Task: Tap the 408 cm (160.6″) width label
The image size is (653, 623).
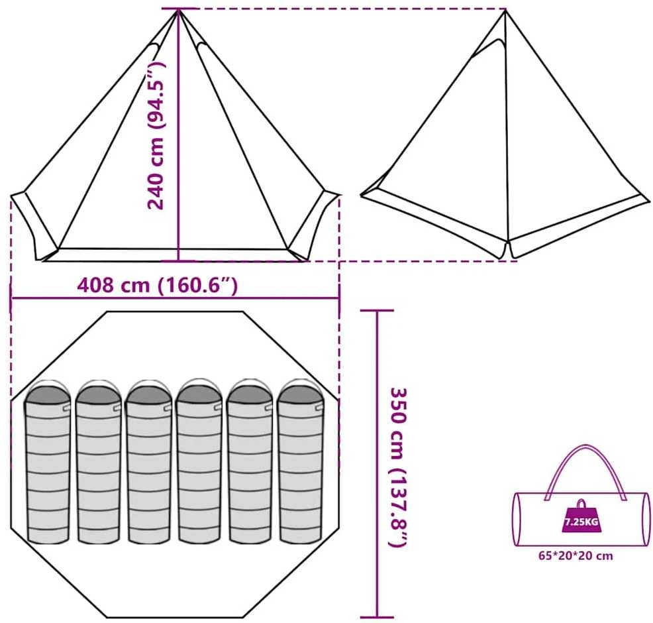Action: pos(158,286)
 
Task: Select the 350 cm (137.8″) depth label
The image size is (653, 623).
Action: pos(398,467)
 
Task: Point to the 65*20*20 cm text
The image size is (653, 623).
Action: pos(576,555)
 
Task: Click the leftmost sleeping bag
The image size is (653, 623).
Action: pos(48,463)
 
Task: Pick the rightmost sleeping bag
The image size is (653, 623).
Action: pos(301,462)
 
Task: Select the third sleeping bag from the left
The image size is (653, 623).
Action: pos(148,462)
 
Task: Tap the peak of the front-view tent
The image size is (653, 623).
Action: pos(179,10)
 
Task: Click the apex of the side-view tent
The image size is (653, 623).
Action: pos(505,10)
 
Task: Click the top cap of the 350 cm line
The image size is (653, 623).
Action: pos(377,310)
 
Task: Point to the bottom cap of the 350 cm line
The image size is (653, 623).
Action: pos(377,617)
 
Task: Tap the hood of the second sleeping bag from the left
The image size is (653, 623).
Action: pos(98,393)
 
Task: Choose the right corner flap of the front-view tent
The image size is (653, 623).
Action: pos(316,226)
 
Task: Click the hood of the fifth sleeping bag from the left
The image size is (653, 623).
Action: pos(250,392)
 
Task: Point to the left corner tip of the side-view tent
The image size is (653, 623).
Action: pos(361,195)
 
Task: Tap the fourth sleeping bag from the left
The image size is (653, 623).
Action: pos(199,462)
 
